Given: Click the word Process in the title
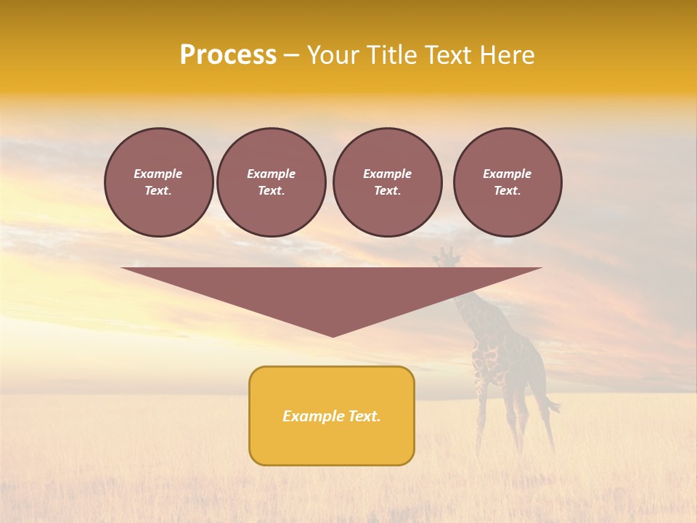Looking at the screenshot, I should [228, 55].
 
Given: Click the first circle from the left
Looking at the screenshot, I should [158, 182].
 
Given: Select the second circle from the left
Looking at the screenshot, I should [271, 182].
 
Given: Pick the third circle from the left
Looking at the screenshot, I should [387, 182].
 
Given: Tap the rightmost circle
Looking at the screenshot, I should [508, 182].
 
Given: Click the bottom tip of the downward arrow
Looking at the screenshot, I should [333, 335].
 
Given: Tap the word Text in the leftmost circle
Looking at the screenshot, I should [158, 191].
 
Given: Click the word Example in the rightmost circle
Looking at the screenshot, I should [508, 174].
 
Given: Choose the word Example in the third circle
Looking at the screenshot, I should [387, 174].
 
